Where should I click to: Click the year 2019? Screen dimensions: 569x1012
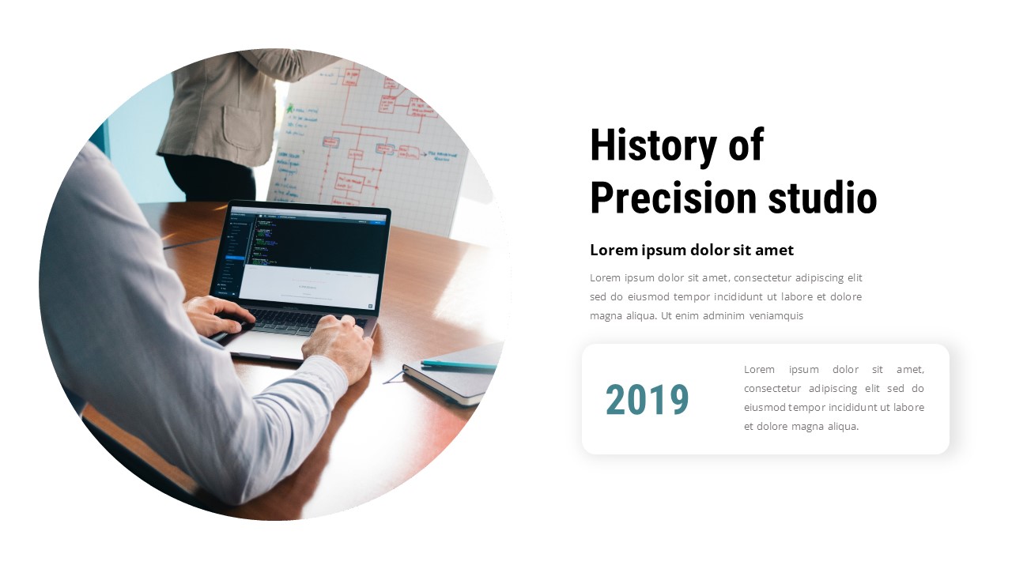coord(648,400)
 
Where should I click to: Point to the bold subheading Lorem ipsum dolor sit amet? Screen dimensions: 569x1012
coord(692,251)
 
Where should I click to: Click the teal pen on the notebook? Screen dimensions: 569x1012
coord(459,365)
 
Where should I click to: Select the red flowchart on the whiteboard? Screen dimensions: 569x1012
coord(372,134)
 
